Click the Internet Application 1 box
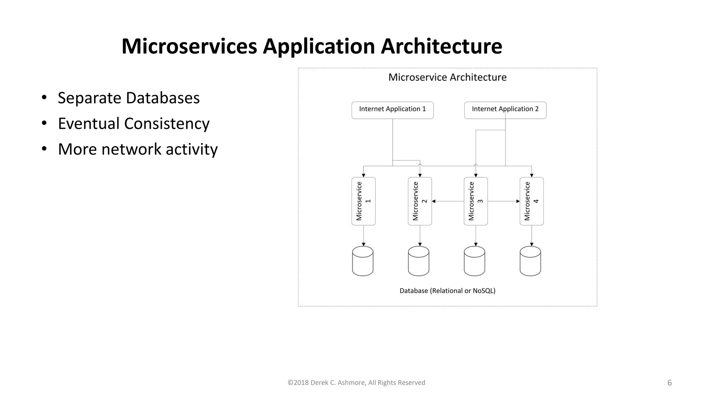[x=392, y=110]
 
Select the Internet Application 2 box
[x=505, y=110]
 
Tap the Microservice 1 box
[x=363, y=201]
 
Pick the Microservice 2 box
[x=420, y=201]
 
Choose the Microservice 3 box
[x=476, y=201]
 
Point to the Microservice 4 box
[x=531, y=201]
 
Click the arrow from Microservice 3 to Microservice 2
[x=448, y=201]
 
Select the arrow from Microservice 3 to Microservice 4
[x=503, y=201]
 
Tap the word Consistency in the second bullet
[x=167, y=124]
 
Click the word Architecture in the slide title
[x=441, y=46]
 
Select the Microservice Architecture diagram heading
[x=447, y=77]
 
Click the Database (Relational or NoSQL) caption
[x=447, y=291]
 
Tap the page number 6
[x=669, y=383]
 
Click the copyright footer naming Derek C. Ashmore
[x=356, y=383]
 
